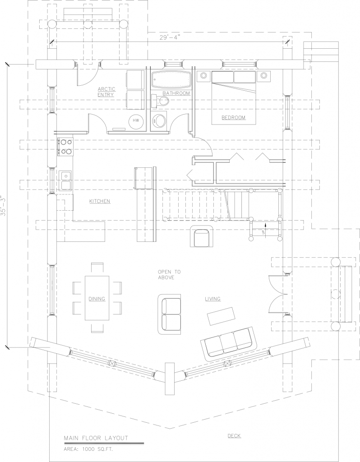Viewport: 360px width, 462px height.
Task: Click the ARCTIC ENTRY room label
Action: [106, 92]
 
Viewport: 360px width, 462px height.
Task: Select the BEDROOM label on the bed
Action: [233, 118]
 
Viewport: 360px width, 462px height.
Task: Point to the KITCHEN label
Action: [100, 201]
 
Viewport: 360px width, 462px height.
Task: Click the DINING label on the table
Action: [97, 299]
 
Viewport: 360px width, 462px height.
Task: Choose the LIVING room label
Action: [212, 299]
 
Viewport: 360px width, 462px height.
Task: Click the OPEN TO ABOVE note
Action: [169, 275]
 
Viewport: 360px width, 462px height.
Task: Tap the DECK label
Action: [234, 435]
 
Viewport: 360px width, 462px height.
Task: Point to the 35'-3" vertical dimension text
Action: [4, 207]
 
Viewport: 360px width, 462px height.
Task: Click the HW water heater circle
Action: [136, 121]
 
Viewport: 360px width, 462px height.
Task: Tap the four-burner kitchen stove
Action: [66, 146]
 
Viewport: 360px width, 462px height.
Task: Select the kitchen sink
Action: [66, 180]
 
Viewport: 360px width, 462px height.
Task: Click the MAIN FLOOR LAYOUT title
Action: [96, 438]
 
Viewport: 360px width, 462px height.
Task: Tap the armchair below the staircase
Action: [201, 237]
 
